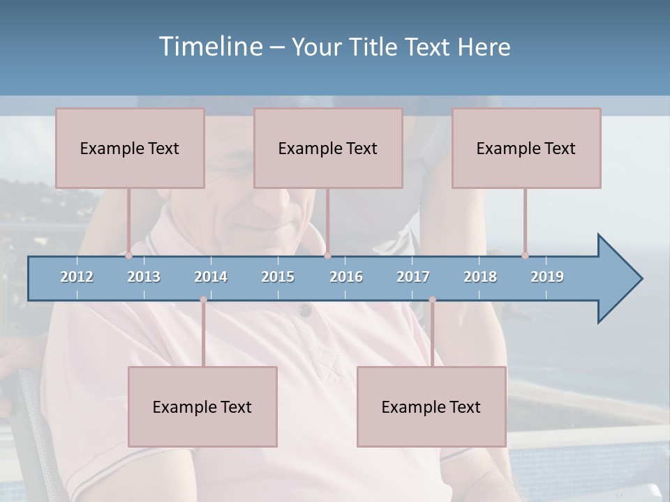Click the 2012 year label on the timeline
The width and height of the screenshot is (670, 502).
tap(77, 277)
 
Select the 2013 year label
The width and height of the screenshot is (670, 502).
tap(144, 277)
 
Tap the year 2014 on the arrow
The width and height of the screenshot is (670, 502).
tap(211, 277)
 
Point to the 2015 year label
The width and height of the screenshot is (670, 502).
tap(278, 277)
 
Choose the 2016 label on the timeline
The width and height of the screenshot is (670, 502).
tap(346, 277)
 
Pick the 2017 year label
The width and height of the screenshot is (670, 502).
tap(413, 277)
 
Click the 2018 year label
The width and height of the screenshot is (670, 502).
tap(480, 277)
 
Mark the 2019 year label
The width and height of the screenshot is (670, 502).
tap(547, 277)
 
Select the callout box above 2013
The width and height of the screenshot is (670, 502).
tap(130, 148)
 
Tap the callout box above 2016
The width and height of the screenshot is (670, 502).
tap(328, 148)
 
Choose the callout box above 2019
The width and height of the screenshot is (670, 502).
tap(526, 148)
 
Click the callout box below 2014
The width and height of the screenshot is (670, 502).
tap(202, 406)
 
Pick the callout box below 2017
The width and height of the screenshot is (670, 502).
tap(431, 406)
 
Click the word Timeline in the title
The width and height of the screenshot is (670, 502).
tap(209, 46)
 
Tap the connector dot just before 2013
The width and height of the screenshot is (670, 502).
tap(129, 255)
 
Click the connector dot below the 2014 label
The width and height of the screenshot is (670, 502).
tap(203, 300)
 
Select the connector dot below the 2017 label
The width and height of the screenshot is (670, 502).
tap(432, 300)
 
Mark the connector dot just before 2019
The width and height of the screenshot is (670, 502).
tap(526, 255)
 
